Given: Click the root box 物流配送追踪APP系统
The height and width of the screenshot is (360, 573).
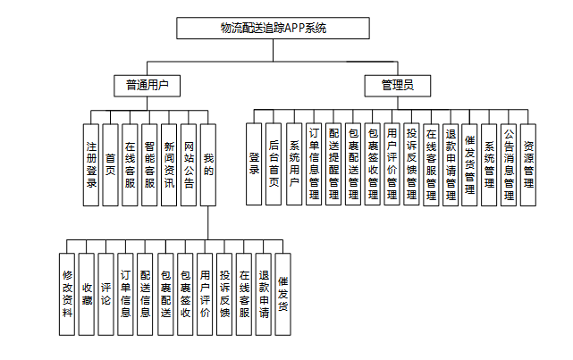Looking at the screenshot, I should pos(273,29).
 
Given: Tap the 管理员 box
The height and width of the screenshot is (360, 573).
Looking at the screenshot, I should pos(397,86).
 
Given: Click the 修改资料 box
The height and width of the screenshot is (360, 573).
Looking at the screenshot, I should pos(67,294).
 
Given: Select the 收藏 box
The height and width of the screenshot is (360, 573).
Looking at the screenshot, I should pos(87,294).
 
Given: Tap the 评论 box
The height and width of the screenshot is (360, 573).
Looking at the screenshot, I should pos(106,294).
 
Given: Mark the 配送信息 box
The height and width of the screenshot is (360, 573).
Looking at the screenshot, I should pos(146,294).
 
